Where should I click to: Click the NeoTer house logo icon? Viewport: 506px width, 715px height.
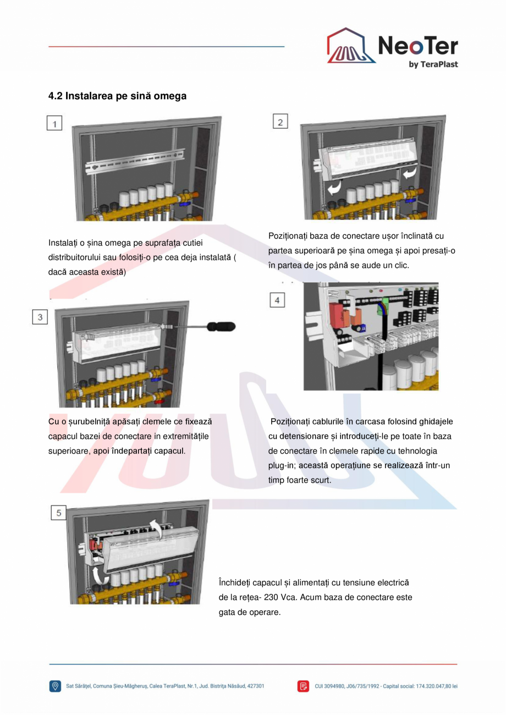coord(351,46)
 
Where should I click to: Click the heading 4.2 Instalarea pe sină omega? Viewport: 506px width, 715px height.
coord(117,96)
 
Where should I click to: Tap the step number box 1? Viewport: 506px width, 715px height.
coord(54,123)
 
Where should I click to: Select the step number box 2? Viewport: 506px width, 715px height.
coord(280,122)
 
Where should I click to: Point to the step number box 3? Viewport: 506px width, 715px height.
coord(40,317)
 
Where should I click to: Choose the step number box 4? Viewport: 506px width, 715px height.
coord(277,300)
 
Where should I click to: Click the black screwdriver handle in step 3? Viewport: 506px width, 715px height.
coord(221,327)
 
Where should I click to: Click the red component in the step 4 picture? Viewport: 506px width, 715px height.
coord(335,312)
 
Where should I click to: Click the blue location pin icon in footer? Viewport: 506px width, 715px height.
coord(55,686)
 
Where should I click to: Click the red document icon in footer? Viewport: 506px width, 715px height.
coord(303,686)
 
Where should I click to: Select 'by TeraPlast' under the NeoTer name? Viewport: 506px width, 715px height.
coord(433,64)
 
